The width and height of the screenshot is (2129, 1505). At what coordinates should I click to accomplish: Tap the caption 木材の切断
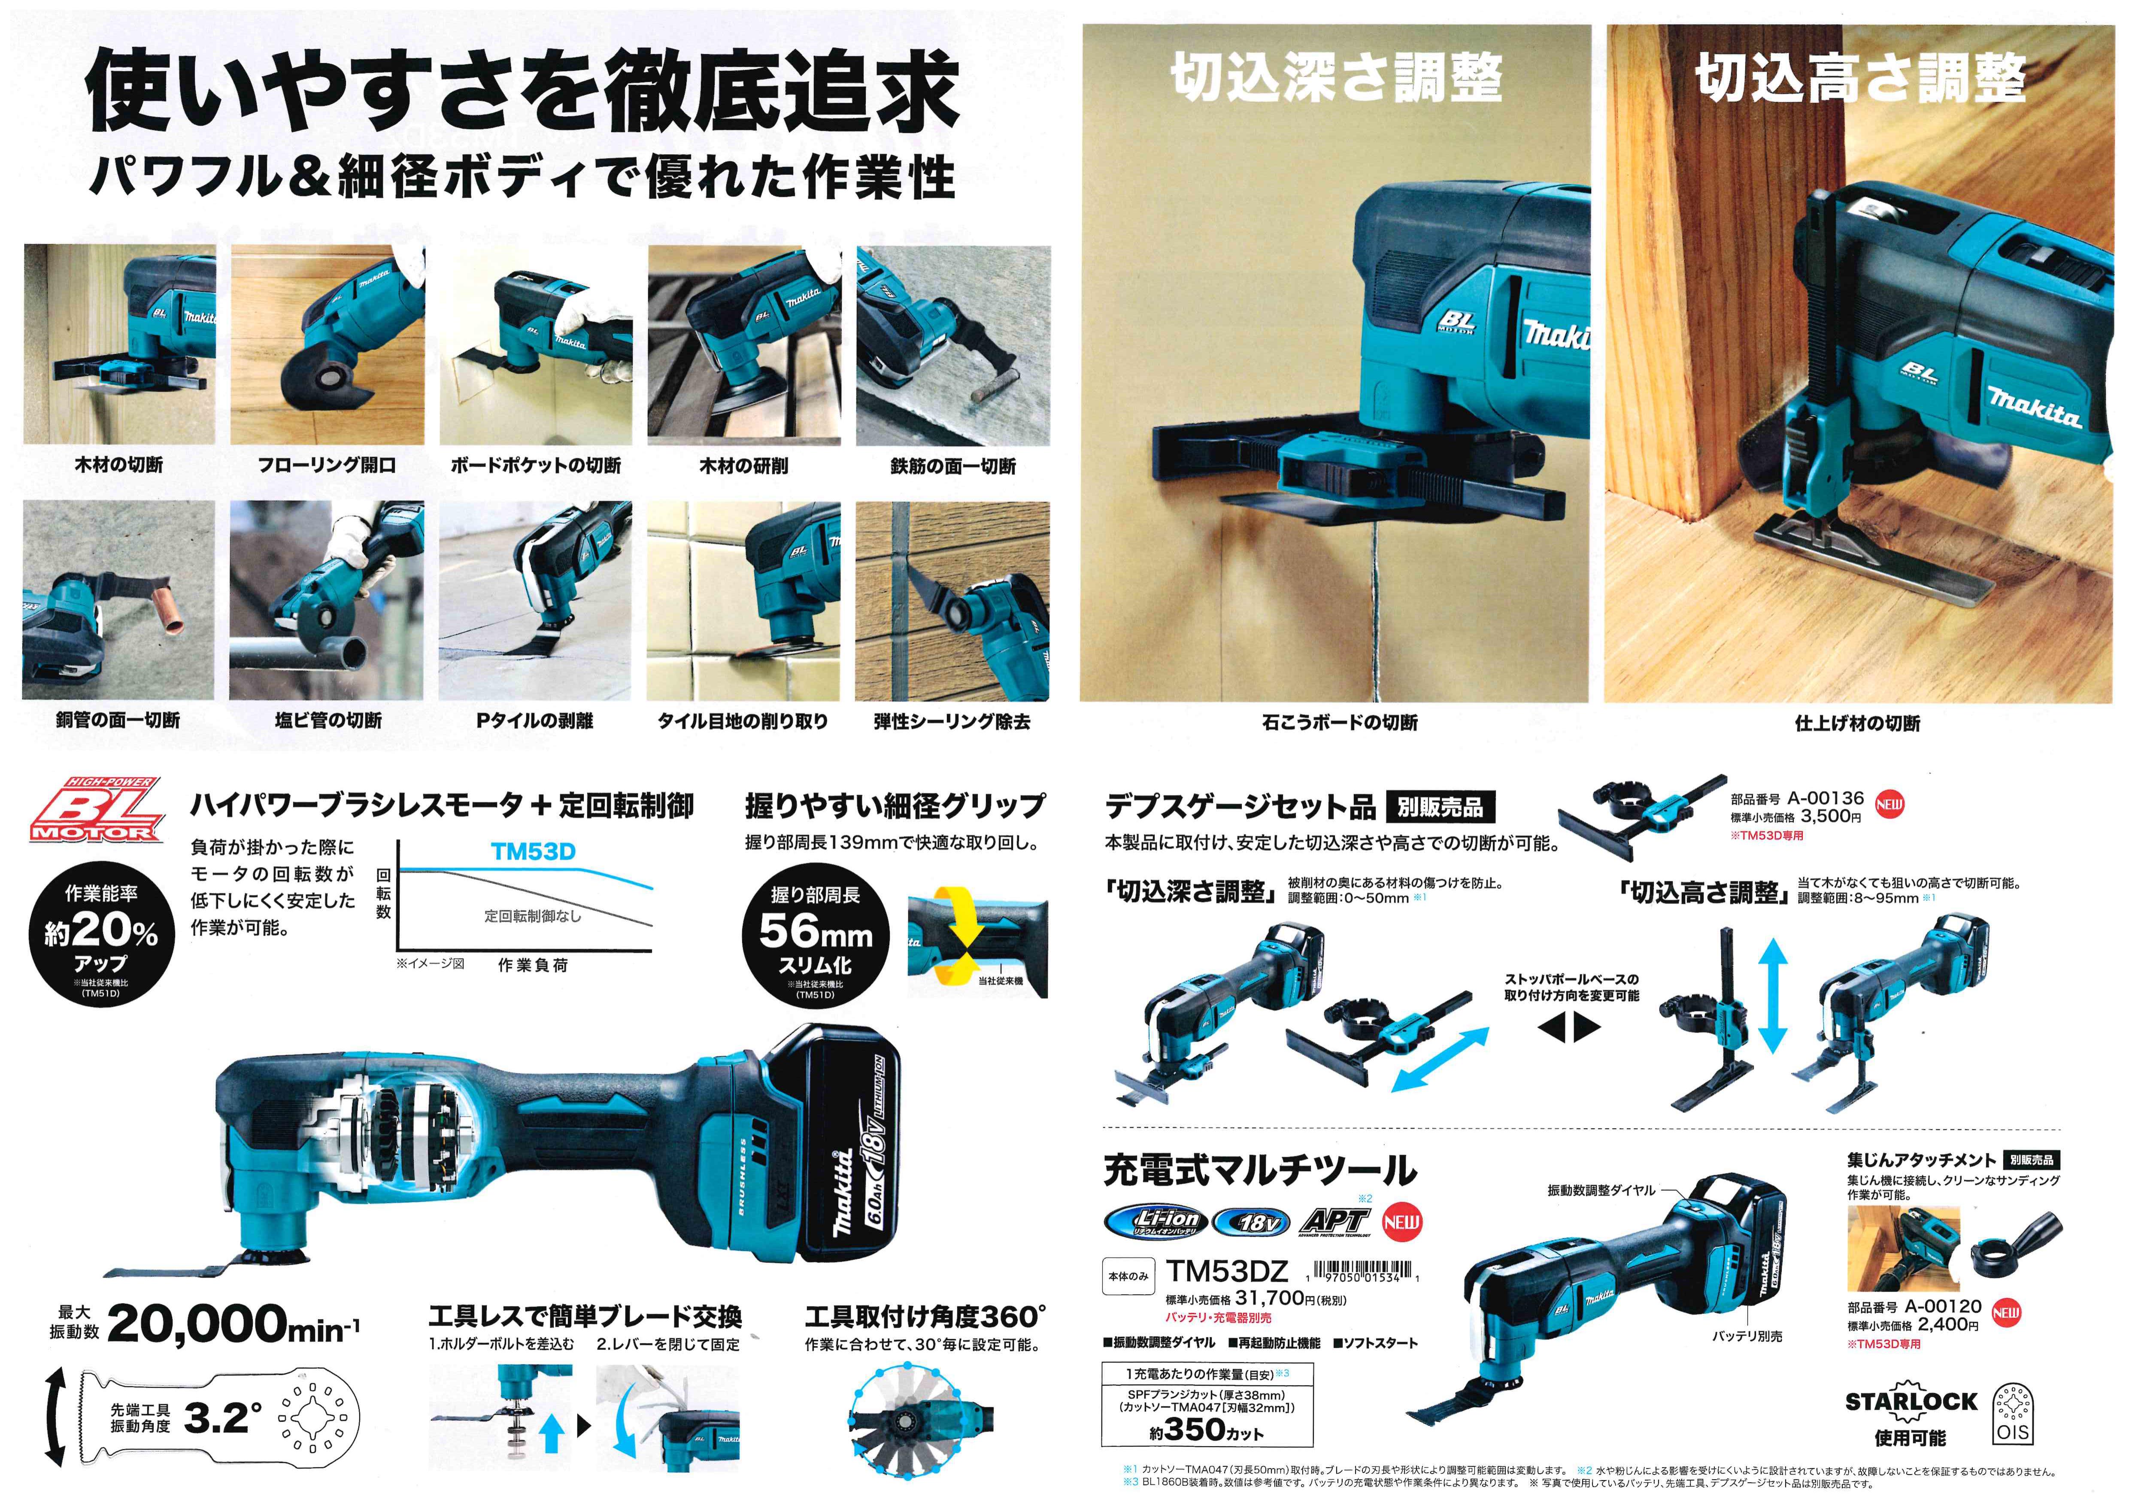(x=119, y=465)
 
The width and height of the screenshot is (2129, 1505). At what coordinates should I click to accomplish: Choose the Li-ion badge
(x=1155, y=1221)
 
